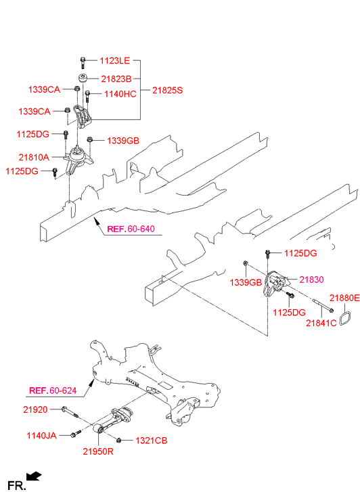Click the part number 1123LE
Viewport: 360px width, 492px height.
click(114, 60)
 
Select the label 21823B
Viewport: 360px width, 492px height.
click(116, 79)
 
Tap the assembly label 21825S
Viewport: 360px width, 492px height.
click(167, 91)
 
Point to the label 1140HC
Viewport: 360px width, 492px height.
click(120, 94)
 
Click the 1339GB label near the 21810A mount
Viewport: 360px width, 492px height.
click(123, 141)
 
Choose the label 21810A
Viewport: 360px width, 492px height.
click(34, 157)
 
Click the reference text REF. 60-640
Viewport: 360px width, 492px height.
click(131, 229)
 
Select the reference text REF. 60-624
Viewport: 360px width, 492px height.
click(53, 390)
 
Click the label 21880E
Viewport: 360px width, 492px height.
click(344, 298)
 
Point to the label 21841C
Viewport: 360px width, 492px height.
click(321, 323)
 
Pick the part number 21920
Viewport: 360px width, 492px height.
click(35, 409)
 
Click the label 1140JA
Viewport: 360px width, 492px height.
click(42, 436)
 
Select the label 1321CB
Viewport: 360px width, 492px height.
click(152, 441)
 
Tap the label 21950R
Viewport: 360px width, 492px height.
click(98, 451)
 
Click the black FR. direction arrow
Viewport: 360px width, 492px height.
click(34, 476)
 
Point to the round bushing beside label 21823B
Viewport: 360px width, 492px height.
click(83, 78)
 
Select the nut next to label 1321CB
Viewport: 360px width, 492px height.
click(118, 440)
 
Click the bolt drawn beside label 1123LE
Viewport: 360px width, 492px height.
click(83, 62)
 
